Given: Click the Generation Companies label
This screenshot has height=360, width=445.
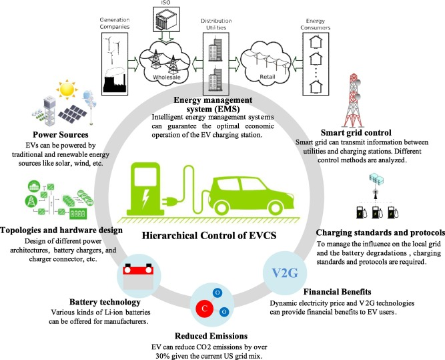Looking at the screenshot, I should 115,23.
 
